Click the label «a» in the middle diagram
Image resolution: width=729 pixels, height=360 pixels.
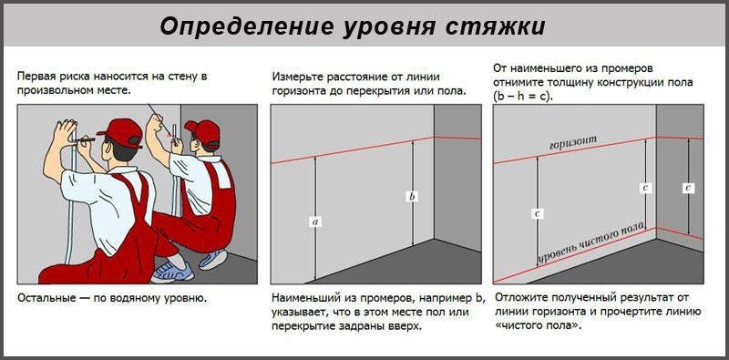tap(314, 221)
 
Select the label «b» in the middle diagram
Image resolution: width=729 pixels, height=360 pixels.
tap(412, 196)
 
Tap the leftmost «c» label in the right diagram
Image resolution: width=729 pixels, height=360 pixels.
tap(538, 212)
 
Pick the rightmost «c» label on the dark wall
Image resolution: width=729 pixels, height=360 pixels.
tap(689, 188)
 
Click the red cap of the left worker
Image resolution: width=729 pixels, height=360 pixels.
tap(118, 127)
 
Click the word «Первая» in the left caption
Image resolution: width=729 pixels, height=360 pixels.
tap(37, 74)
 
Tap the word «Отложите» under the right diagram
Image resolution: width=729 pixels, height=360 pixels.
tap(521, 298)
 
